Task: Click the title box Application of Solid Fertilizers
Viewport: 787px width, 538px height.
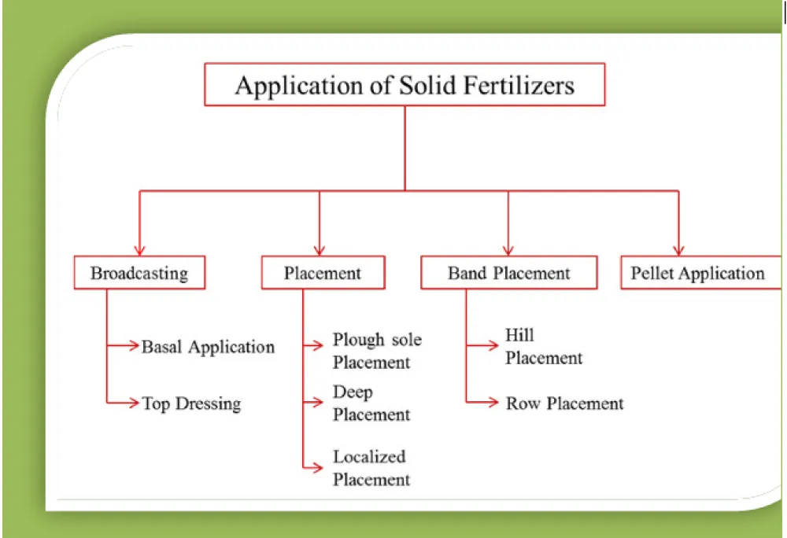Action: (x=405, y=84)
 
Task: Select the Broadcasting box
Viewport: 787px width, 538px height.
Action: (x=139, y=273)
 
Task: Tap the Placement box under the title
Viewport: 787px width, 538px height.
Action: (x=323, y=273)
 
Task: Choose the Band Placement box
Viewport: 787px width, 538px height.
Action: (x=509, y=273)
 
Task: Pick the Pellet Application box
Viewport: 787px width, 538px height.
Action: (x=700, y=273)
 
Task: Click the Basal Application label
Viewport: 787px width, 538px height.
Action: (x=209, y=346)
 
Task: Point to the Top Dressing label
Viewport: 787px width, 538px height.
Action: (x=191, y=403)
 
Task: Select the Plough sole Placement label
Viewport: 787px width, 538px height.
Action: (x=377, y=351)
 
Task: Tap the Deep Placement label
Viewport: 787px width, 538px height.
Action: (x=371, y=403)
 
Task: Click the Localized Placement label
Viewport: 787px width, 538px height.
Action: (x=371, y=468)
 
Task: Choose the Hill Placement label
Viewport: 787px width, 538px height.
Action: (x=544, y=346)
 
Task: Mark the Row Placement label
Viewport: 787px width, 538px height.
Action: (x=564, y=403)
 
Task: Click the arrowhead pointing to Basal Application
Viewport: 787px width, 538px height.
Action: (x=134, y=345)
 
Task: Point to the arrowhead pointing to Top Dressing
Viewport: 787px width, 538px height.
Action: (x=134, y=402)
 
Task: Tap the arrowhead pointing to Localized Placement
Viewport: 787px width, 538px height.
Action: (x=317, y=468)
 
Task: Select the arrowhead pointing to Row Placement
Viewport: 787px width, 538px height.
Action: (x=493, y=402)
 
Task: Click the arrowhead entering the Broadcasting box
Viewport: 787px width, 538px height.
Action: (x=139, y=250)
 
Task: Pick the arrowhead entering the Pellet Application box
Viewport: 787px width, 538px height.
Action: (x=678, y=250)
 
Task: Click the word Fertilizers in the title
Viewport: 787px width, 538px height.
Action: (x=519, y=85)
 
